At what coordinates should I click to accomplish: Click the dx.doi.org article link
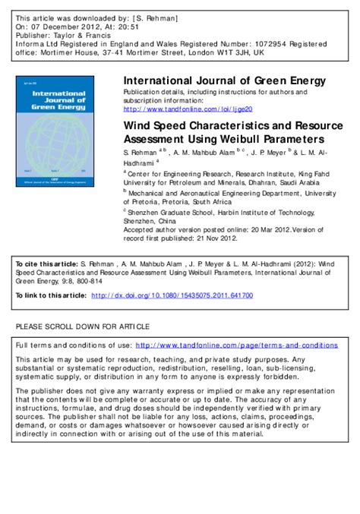point(183,295)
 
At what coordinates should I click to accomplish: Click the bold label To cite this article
point(46,264)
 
